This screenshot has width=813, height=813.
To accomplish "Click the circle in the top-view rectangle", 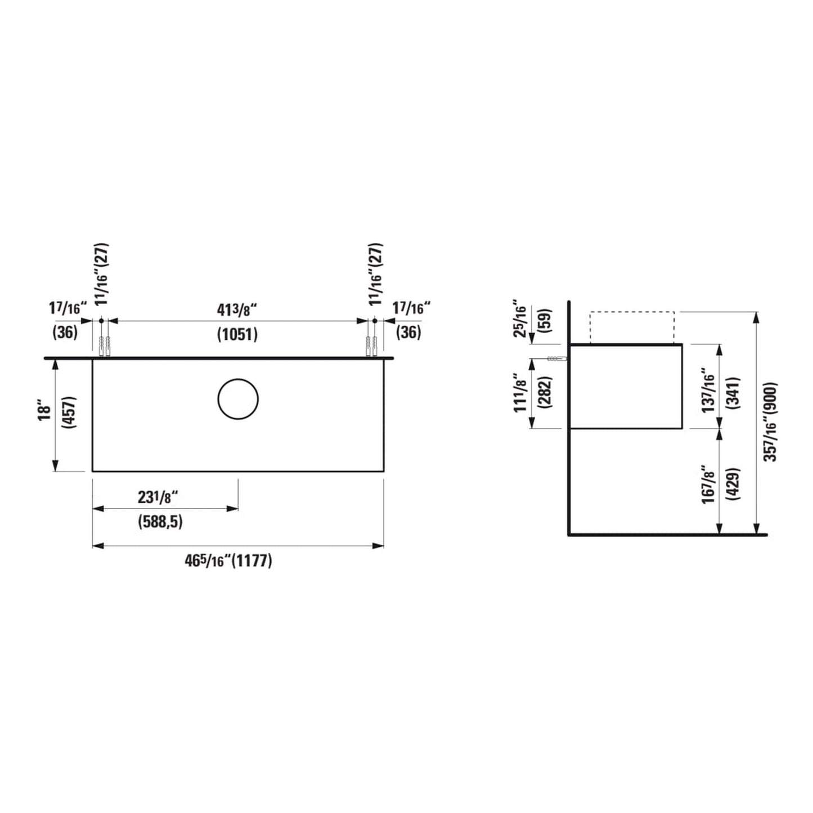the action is pyautogui.click(x=218, y=399).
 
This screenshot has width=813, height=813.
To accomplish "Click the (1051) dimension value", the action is pyautogui.click(x=237, y=335).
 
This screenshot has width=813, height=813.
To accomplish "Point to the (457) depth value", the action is pyautogui.click(x=69, y=412).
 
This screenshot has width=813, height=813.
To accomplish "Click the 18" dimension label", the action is pyautogui.click(x=45, y=412).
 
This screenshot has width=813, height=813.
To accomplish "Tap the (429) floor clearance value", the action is pyautogui.click(x=734, y=483).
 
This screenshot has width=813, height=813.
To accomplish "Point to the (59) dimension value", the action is pyautogui.click(x=545, y=321).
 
